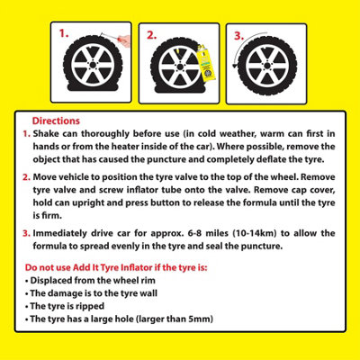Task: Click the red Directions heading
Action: (x=56, y=121)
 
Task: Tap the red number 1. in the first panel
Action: (x=64, y=33)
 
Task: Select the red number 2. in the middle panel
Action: (x=152, y=35)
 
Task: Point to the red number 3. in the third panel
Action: (x=239, y=36)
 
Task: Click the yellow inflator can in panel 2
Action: (x=205, y=64)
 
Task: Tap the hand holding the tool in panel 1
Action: (x=124, y=40)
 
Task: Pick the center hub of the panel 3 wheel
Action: (x=267, y=66)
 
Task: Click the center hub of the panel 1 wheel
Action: (x=93, y=65)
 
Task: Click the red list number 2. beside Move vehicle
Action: (x=26, y=177)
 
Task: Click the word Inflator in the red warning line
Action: (x=136, y=267)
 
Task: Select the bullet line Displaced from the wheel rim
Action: (x=90, y=281)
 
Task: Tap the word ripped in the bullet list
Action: (x=90, y=306)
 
